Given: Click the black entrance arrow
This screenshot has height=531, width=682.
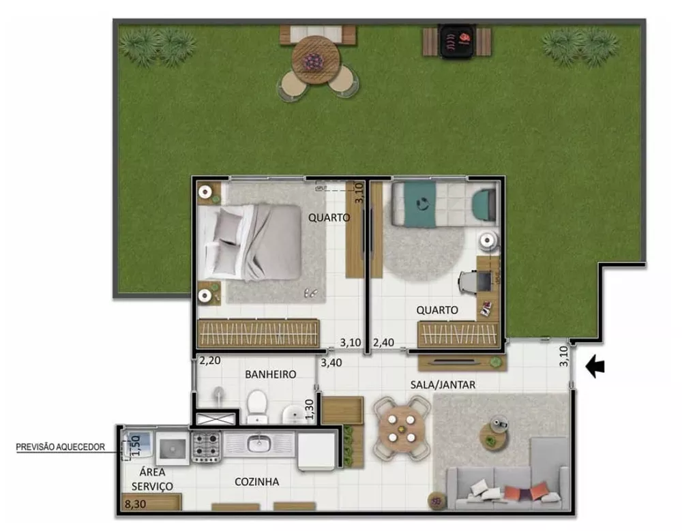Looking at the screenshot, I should pyautogui.click(x=595, y=367).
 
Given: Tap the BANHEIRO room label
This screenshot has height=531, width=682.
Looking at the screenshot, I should pyautogui.click(x=270, y=374).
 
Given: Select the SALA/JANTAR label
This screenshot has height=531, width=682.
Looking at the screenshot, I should pyautogui.click(x=443, y=384).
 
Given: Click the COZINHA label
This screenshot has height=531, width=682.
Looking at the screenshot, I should pyautogui.click(x=256, y=481).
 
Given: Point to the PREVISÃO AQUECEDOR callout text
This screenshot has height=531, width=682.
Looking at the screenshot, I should pyautogui.click(x=61, y=447).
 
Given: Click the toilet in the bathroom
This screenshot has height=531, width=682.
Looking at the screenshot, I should pyautogui.click(x=257, y=404).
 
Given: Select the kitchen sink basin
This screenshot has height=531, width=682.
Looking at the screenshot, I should pyautogui.click(x=259, y=445).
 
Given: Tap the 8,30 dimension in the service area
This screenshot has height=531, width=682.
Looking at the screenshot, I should pyautogui.click(x=136, y=504).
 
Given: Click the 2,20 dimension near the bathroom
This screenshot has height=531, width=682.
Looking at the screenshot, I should pyautogui.click(x=211, y=361).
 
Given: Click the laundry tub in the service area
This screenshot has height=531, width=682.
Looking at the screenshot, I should pyautogui.click(x=171, y=447).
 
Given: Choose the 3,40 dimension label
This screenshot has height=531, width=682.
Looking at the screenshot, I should pyautogui.click(x=332, y=362).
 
